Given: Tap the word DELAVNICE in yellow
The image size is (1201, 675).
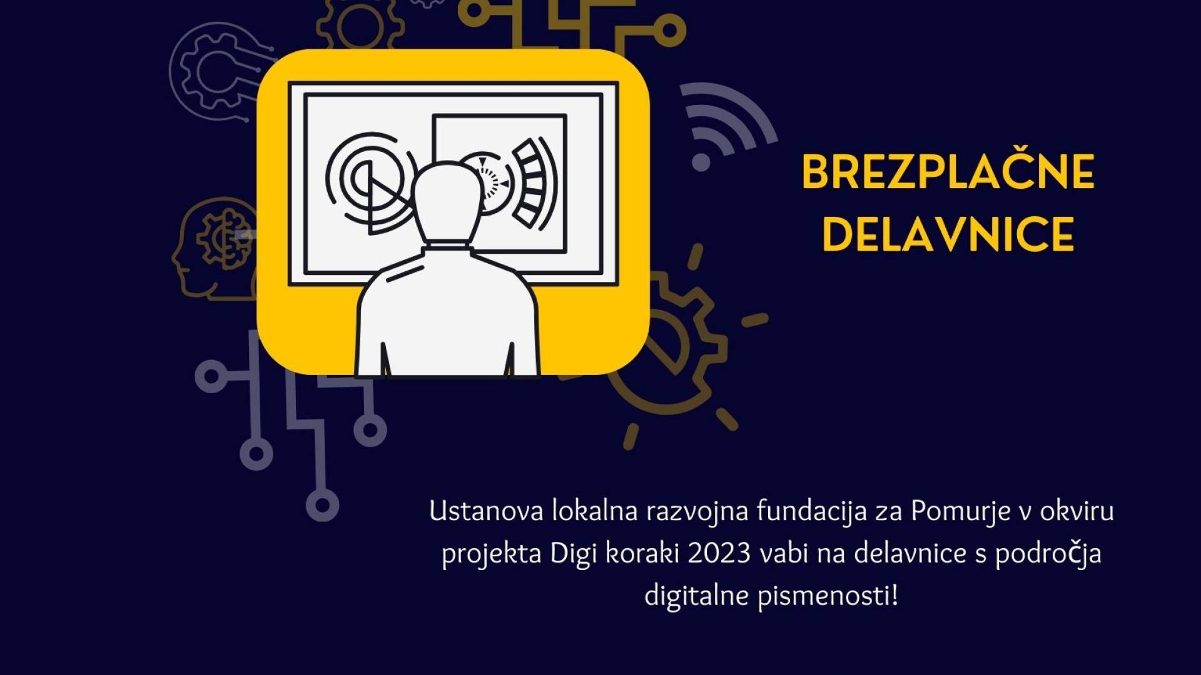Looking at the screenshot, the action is tap(948, 234).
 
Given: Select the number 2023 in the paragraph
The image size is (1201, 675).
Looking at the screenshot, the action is tap(719, 554).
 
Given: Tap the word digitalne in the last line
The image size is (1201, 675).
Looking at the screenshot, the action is tap(697, 596).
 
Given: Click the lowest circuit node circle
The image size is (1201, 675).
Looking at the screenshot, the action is tap(322, 506).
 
